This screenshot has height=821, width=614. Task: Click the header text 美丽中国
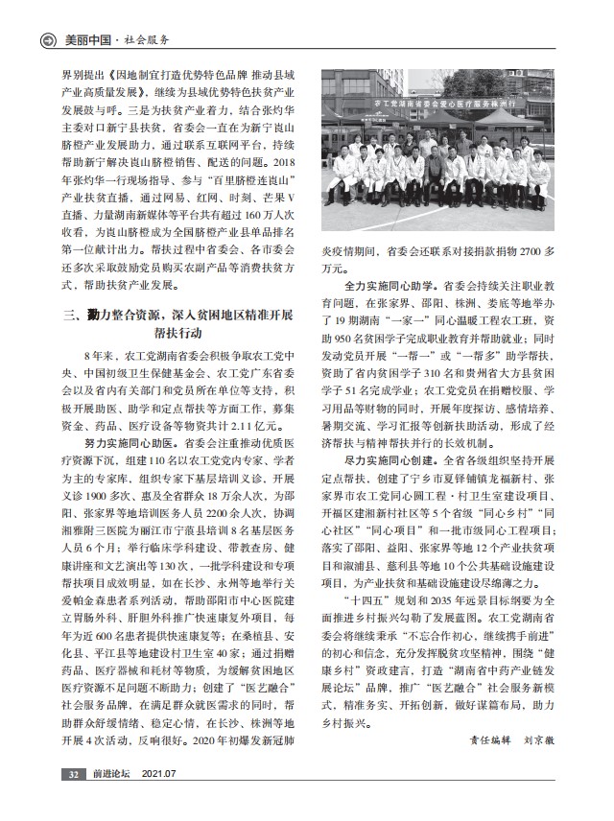[x=85, y=39]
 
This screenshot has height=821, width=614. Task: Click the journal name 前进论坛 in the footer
[x=109, y=799]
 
